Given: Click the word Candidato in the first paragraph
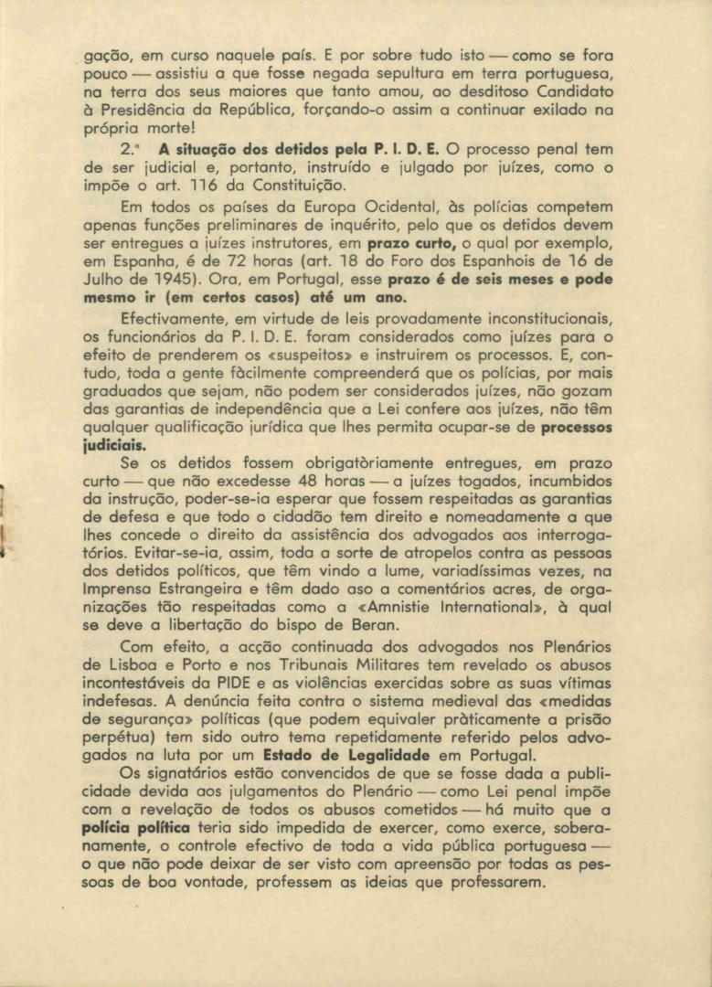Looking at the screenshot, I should [571, 92].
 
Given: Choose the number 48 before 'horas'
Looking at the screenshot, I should [323, 482].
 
